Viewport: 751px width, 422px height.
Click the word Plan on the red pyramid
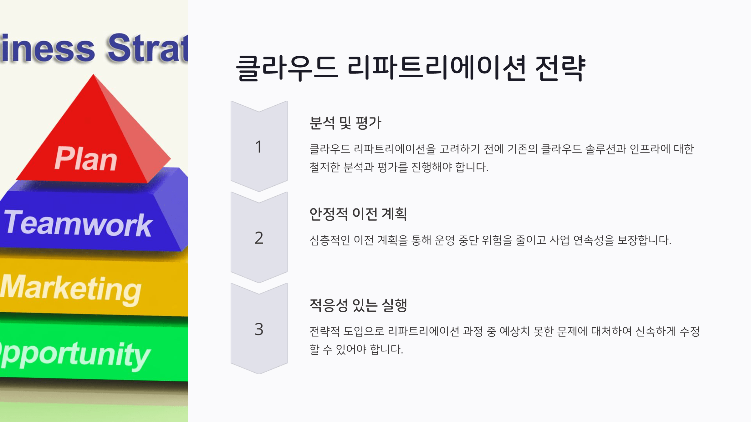click(86, 158)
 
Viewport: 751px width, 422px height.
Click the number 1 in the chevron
click(258, 147)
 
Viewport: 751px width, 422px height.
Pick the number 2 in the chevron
click(259, 238)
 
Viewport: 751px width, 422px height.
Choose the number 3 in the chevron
click(259, 329)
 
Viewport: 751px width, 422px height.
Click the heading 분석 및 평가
click(345, 123)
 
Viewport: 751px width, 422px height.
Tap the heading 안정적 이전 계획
click(358, 214)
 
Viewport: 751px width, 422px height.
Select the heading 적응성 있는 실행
click(358, 305)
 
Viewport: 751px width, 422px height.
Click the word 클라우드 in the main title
click(287, 68)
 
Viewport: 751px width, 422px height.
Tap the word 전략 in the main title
click(560, 68)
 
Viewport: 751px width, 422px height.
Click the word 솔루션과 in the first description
click(605, 149)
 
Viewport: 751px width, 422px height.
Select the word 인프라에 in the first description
click(650, 149)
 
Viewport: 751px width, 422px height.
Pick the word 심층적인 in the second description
click(330, 240)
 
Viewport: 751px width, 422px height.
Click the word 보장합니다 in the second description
click(644, 240)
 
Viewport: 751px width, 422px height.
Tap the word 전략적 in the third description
click(324, 331)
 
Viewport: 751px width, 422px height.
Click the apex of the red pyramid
click(93, 74)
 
